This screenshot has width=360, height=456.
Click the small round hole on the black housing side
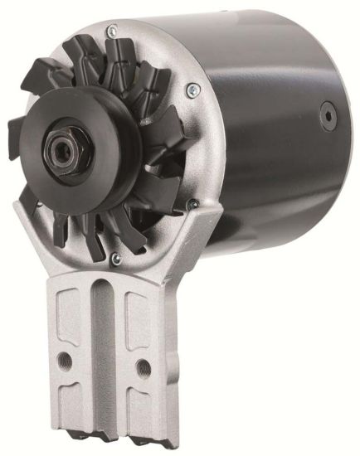(x=325, y=109)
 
